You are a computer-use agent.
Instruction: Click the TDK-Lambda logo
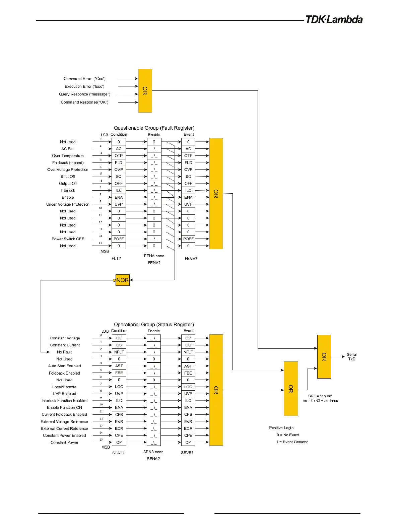334,19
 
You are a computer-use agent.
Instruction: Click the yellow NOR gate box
122,280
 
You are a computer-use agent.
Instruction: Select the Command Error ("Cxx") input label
84,79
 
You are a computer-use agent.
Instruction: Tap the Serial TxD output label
351,356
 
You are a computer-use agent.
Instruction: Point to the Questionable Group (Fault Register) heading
154,128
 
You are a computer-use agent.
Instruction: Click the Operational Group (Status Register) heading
154,324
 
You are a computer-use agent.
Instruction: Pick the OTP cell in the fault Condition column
119,156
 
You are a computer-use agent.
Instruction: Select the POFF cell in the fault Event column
188,239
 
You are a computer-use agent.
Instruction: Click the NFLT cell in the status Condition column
119,352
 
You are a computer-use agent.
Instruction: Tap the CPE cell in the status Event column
188,436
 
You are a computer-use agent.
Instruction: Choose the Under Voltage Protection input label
68,204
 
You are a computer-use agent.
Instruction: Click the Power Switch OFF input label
68,239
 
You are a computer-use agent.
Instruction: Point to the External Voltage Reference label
64,421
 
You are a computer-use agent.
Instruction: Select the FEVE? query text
191,259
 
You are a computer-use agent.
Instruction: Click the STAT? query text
118,453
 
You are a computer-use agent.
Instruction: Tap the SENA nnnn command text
153,452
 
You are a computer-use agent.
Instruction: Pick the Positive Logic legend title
281,428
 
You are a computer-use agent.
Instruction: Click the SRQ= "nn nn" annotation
320,396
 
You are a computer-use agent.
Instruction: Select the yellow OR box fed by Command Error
145,90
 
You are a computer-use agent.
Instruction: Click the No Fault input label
64,352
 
